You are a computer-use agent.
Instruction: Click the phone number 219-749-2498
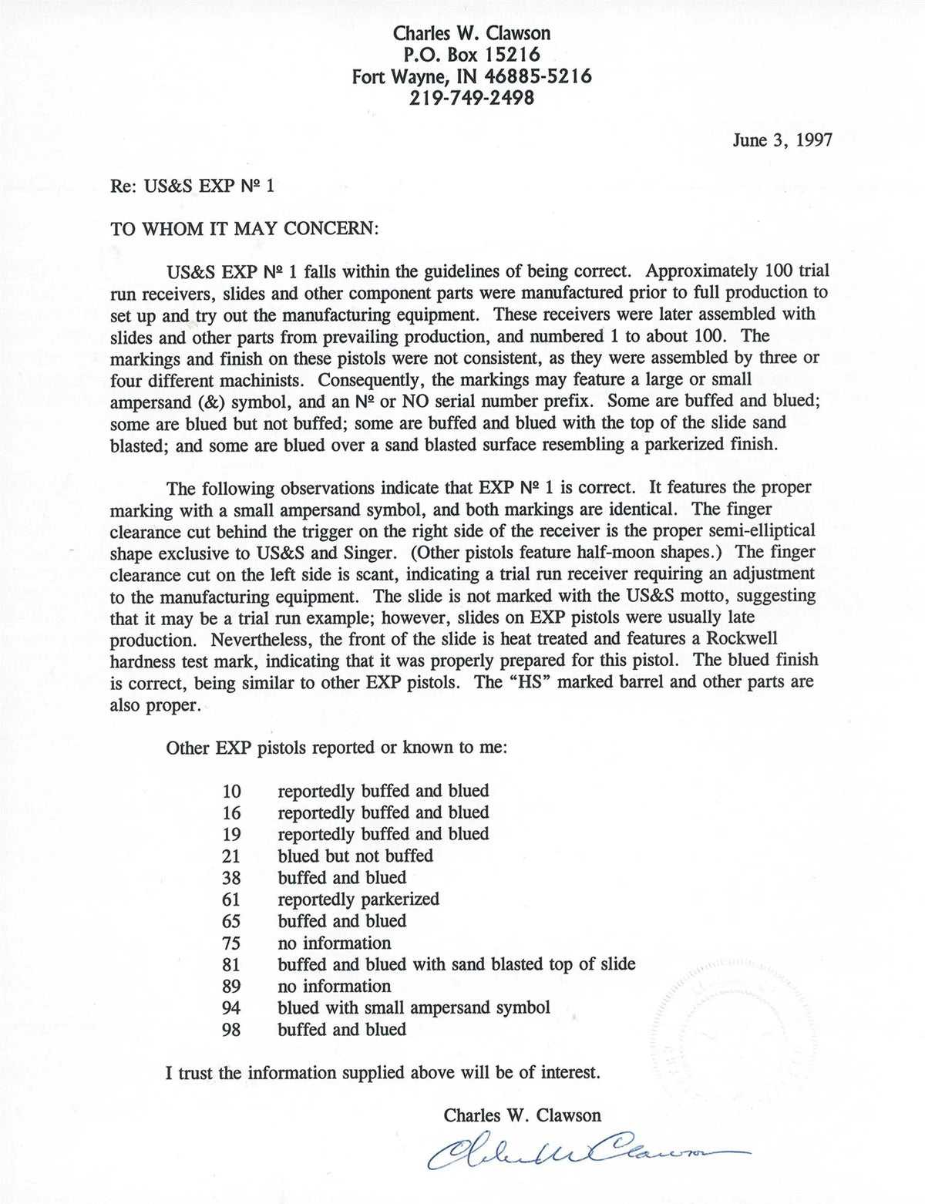pyautogui.click(x=472, y=98)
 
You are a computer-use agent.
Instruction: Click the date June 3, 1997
pyautogui.click(x=782, y=140)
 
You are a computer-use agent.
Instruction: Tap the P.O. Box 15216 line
pyautogui.click(x=472, y=55)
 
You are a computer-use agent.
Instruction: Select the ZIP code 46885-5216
pyautogui.click(x=538, y=76)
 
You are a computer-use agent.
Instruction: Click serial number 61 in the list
pyautogui.click(x=231, y=900)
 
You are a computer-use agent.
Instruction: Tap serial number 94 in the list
pyautogui.click(x=231, y=1008)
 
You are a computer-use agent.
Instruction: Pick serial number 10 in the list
pyautogui.click(x=231, y=791)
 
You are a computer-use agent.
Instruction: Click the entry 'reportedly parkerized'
pyautogui.click(x=358, y=900)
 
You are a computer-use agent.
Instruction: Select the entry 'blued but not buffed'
pyautogui.click(x=355, y=856)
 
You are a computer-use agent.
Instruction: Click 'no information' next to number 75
pyautogui.click(x=335, y=943)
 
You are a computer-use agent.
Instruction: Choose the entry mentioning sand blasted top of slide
pyautogui.click(x=456, y=964)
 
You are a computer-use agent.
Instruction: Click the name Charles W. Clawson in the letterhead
pyautogui.click(x=472, y=33)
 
